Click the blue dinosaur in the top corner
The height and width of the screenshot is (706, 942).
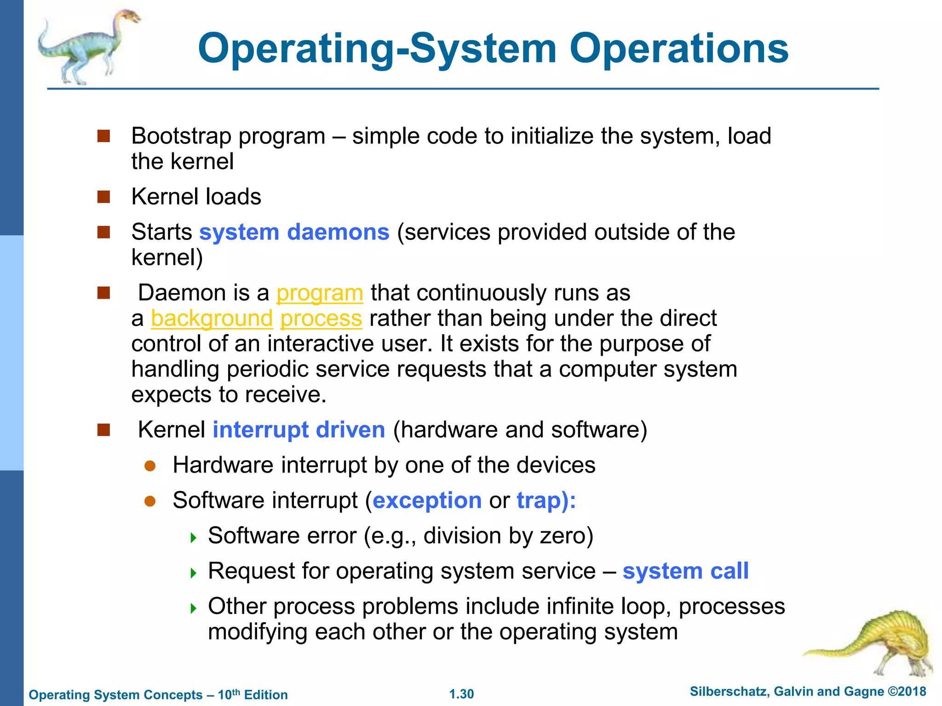coord(87,46)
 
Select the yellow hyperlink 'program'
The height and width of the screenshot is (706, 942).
coord(320,293)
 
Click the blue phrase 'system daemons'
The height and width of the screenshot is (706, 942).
coord(294,232)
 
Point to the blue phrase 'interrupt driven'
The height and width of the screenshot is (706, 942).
coord(299,430)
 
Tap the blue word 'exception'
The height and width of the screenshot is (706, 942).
coord(427,501)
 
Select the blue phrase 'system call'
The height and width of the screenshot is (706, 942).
coord(685,571)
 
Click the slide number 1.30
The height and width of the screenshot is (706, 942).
coord(461,694)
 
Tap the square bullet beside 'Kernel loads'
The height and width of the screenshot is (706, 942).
coord(104,197)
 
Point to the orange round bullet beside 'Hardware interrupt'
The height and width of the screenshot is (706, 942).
coord(150,466)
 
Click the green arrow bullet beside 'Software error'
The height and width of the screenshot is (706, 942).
coord(194,537)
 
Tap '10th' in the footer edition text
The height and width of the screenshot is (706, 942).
coord(229,694)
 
